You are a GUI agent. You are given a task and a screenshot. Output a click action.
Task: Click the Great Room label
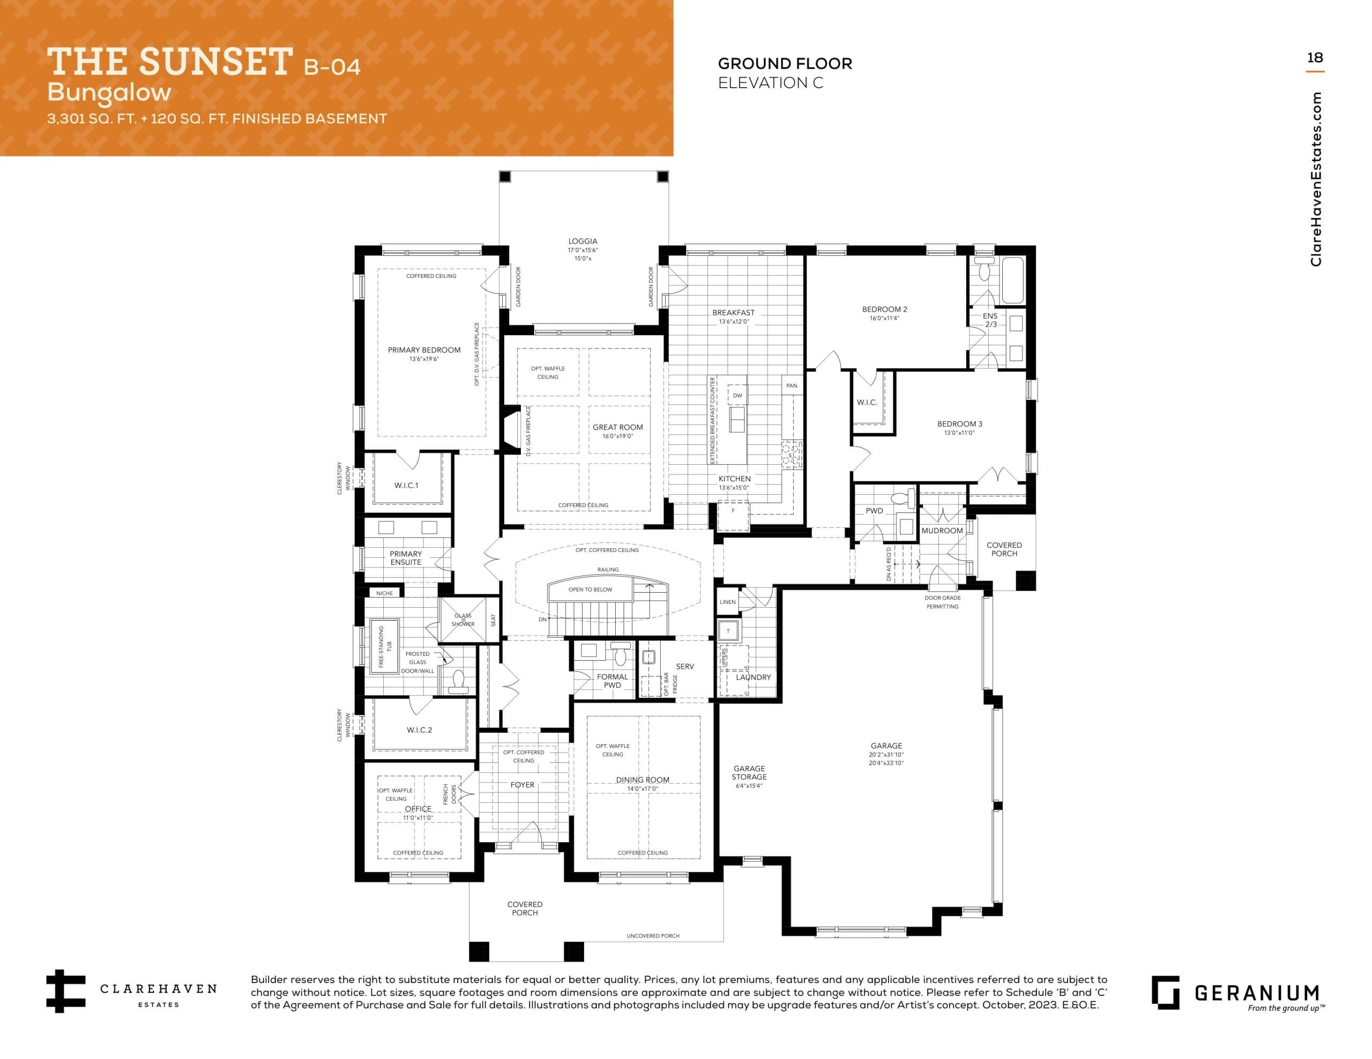(x=617, y=427)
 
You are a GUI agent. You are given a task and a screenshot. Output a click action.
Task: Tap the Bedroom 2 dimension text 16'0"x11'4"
(x=884, y=318)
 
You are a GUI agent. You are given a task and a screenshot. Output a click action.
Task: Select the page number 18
(x=1314, y=58)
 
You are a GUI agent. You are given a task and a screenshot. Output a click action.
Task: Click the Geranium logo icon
(x=1165, y=993)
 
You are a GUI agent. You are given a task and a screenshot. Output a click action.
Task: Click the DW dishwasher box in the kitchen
(x=737, y=396)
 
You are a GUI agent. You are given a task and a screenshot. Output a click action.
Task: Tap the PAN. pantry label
(x=792, y=385)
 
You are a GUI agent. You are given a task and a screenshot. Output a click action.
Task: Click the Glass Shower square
(x=463, y=620)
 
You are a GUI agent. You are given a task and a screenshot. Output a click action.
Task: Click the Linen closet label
(x=727, y=602)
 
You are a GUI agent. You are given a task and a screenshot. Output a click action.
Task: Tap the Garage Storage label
(x=749, y=773)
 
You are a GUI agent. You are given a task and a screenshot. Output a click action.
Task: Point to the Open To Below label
(x=590, y=589)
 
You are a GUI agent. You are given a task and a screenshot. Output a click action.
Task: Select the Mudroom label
(x=942, y=531)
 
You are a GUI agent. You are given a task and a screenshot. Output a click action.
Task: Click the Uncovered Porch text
(x=653, y=936)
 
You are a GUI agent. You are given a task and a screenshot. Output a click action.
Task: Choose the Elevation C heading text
(x=770, y=83)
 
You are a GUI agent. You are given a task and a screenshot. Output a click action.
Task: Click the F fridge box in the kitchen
(x=733, y=511)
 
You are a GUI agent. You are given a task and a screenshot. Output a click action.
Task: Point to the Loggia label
(x=583, y=241)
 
